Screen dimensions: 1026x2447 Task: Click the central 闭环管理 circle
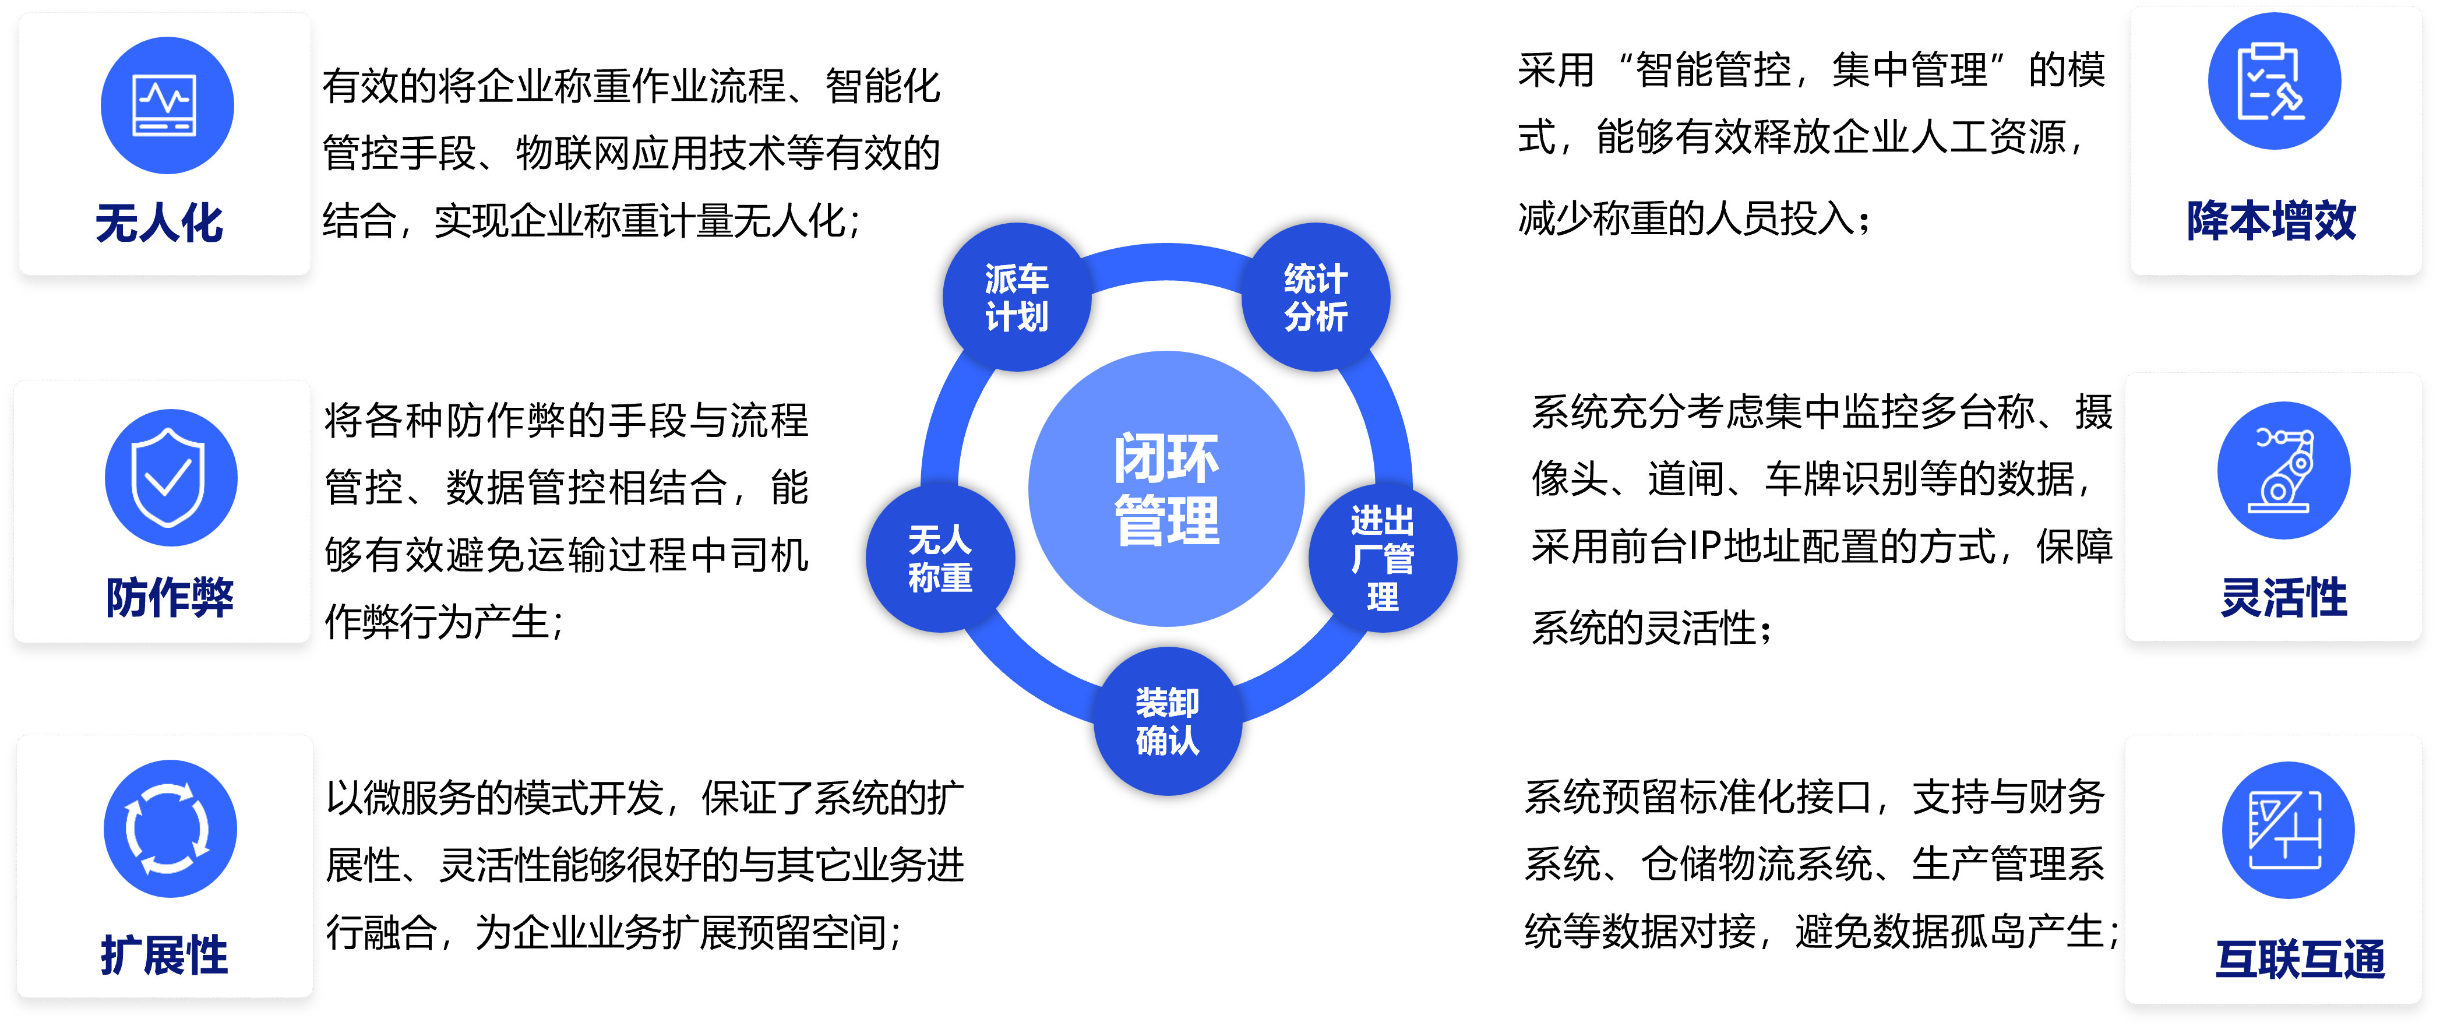coord(1166,488)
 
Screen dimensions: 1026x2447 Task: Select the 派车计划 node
coord(1017,297)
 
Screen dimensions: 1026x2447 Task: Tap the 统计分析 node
coord(1316,297)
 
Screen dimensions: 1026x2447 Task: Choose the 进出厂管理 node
coord(1382,559)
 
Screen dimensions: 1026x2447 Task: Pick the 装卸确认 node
coord(1168,721)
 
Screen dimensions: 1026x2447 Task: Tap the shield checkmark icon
coord(170,477)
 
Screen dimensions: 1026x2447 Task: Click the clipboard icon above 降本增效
coord(2273,82)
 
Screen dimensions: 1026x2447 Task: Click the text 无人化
coord(160,223)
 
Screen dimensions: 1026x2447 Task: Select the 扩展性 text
coord(164,955)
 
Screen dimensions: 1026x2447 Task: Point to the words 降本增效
coord(2271,220)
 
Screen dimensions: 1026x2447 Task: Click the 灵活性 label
coord(2284,598)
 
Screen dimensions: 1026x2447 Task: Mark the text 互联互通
coord(2300,958)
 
